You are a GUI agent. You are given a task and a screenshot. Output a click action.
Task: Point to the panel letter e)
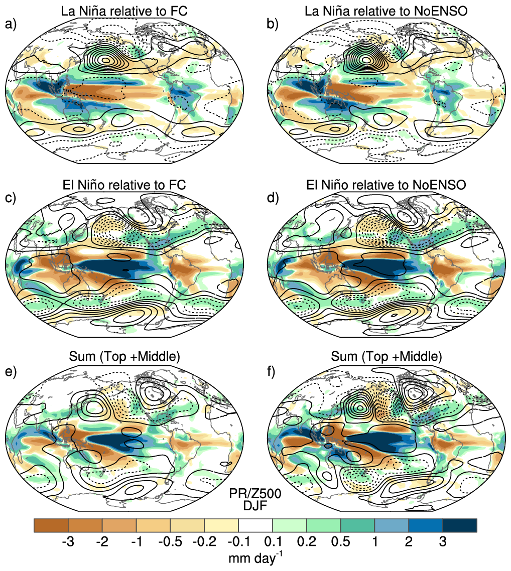pos(11,372)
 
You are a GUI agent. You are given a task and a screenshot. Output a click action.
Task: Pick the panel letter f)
pos(271,372)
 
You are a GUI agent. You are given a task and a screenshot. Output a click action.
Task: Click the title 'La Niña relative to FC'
pos(124,11)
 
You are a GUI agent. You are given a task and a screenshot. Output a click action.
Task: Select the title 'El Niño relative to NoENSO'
pos(386,185)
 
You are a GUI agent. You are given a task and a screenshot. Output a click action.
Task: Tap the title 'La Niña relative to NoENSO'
pos(386,11)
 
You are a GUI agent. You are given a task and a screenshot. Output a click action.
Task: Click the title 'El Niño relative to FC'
pos(124,185)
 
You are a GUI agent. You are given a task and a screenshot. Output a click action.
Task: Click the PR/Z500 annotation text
pos(255,493)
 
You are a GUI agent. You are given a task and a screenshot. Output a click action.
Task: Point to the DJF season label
pos(255,505)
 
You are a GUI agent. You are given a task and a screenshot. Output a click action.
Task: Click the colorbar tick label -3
pos(68,542)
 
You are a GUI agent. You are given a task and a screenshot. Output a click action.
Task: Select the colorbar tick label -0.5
pos(170,542)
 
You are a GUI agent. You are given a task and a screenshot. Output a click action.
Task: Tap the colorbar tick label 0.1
pos(273,542)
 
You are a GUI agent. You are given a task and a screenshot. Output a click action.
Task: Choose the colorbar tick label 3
pos(443,542)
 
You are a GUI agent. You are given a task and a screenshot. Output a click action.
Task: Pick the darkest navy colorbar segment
pos(460,525)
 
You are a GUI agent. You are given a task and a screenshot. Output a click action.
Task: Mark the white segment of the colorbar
pos(255,525)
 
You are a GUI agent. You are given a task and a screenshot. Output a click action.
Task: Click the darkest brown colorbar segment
pos(51,525)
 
